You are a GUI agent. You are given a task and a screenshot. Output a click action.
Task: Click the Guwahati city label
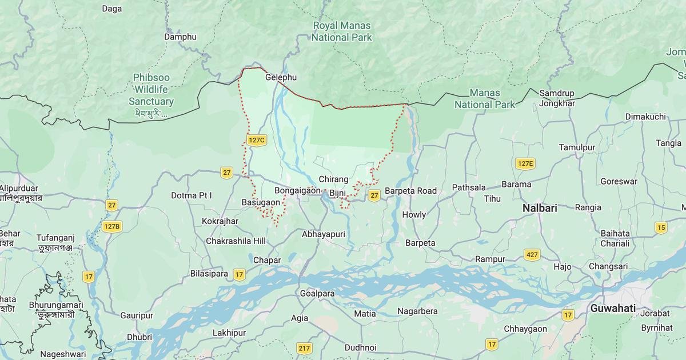click(x=613, y=308)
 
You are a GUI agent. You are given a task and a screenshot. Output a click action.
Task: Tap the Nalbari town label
click(x=539, y=209)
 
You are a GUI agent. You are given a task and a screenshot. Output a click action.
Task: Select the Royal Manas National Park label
click(x=342, y=31)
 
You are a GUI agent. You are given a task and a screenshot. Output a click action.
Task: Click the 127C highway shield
click(x=257, y=140)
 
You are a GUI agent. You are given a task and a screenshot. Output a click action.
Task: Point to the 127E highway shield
click(x=525, y=164)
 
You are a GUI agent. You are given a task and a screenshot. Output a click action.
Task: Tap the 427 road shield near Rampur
click(x=532, y=255)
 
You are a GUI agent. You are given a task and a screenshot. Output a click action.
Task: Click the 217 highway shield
click(x=304, y=348)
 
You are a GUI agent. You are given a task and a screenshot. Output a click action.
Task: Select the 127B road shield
click(x=112, y=226)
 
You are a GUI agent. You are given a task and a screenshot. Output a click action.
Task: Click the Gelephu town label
click(x=281, y=77)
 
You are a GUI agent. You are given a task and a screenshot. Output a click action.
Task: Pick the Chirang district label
click(x=333, y=179)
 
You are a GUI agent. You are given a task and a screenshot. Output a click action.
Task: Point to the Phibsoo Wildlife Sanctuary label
click(x=151, y=89)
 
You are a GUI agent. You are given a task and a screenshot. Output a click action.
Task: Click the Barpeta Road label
click(x=410, y=191)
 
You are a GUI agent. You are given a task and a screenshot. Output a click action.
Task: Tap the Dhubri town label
click(x=139, y=337)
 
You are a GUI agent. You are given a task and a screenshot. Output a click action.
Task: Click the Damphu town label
click(x=180, y=37)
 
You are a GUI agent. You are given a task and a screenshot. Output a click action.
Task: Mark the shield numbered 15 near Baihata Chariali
click(x=661, y=227)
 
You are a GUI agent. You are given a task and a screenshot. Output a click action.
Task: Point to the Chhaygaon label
click(x=525, y=329)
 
